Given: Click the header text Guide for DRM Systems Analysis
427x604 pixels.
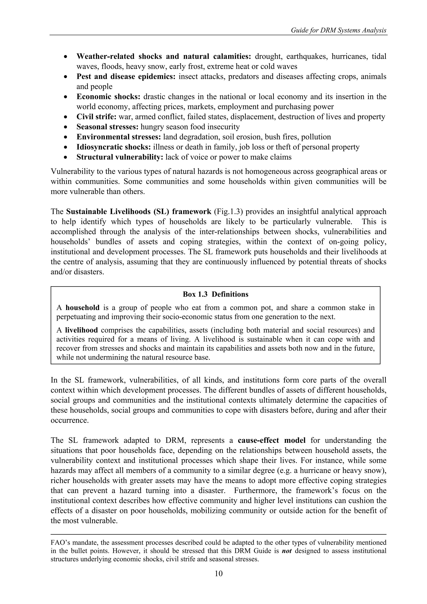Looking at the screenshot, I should pyautogui.click(x=339, y=30).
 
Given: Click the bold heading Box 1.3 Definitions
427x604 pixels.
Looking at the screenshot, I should pyautogui.click(x=215, y=294).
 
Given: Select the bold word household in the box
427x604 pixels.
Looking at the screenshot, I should pyautogui.click(x=82, y=308).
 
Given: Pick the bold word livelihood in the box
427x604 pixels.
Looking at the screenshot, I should pyautogui.click(x=81, y=330).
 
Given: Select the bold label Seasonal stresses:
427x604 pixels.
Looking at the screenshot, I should pyautogui.click(x=107, y=127).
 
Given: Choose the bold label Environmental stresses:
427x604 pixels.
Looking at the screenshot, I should pyautogui.click(x=118, y=137).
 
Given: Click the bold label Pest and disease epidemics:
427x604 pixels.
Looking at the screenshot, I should pyautogui.click(x=126, y=77).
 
